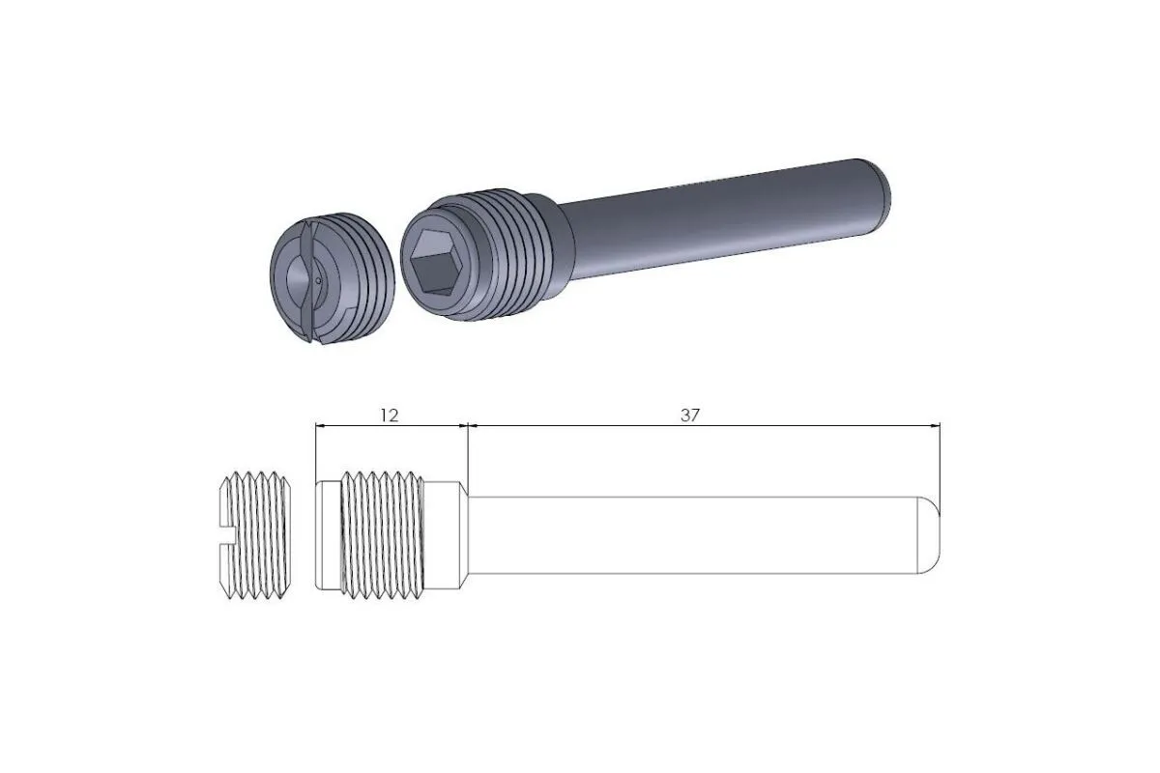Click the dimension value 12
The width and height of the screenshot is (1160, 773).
389,415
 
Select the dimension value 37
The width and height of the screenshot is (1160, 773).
689,415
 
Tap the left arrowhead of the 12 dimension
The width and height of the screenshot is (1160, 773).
322,424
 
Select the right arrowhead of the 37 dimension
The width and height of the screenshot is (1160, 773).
935,424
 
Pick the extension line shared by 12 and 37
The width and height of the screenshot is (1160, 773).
468,454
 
